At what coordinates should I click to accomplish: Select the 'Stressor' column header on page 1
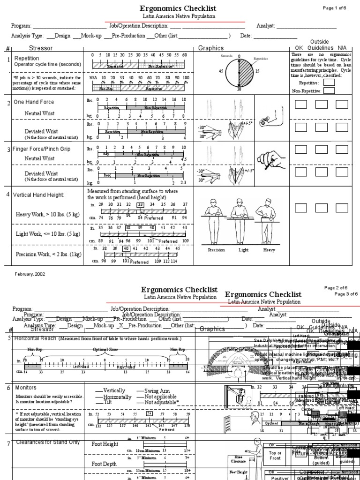[x=41, y=48]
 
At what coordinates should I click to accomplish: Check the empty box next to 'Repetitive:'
[x=330, y=83]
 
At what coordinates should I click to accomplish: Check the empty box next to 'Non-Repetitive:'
[x=330, y=91]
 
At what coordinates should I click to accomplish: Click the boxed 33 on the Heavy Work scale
[x=140, y=204]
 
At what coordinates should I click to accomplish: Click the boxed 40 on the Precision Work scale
[x=126, y=248]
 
